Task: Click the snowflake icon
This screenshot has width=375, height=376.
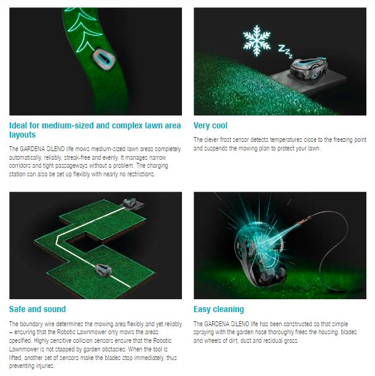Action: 257,41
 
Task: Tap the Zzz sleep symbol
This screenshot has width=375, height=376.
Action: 285,52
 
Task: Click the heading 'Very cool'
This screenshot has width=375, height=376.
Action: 210,125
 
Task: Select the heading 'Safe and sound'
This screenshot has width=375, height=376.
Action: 37,309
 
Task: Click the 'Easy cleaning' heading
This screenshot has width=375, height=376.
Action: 219,309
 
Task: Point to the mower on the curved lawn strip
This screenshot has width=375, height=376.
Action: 104,59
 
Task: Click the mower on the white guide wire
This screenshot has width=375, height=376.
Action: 103,270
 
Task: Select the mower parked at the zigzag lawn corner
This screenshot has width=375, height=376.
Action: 130,203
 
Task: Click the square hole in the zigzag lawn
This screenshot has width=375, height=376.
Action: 83,241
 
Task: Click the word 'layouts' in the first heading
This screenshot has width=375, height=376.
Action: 22,135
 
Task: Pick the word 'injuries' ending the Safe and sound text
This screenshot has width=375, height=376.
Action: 45,366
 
